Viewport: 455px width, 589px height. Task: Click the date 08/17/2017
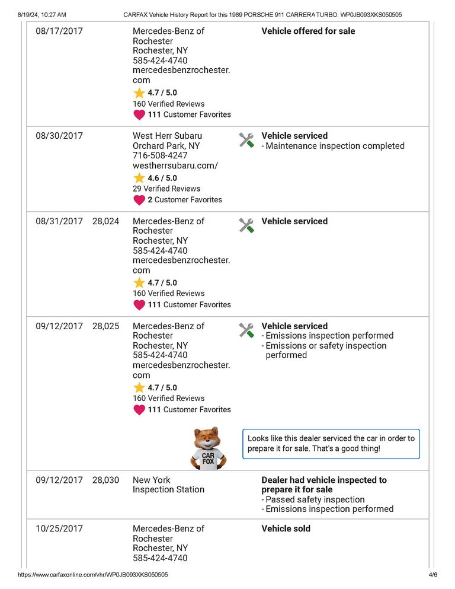(59, 31)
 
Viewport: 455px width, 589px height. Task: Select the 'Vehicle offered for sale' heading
(308, 31)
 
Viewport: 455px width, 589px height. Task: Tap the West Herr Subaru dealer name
(167, 136)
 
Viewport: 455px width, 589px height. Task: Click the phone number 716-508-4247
(160, 156)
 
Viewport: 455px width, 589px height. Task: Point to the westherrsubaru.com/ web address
(175, 166)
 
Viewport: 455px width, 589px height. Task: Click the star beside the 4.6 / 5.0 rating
(139, 178)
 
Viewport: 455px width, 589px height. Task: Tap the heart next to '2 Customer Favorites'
(139, 200)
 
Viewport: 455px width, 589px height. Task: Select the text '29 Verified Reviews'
(166, 189)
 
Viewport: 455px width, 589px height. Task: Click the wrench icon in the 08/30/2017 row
(246, 140)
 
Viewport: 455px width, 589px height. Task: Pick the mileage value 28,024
(105, 221)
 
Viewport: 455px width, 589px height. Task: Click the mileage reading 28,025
(105, 326)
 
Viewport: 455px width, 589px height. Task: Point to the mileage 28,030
(105, 480)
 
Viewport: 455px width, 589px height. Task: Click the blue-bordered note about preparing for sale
(331, 444)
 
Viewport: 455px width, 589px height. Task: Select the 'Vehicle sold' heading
(286, 528)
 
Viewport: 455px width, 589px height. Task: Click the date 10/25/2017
(59, 528)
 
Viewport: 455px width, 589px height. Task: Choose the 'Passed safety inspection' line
(315, 499)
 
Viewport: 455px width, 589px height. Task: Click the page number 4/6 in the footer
(432, 575)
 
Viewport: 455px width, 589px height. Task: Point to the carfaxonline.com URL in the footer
(92, 575)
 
